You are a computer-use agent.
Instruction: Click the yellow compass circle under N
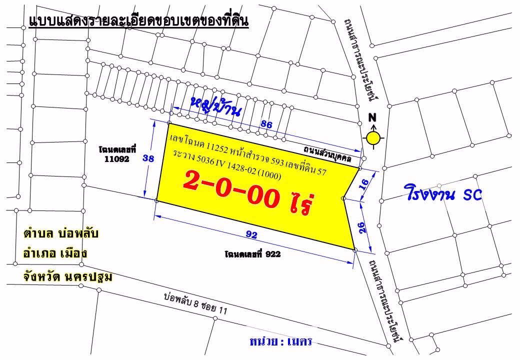[x=372, y=137]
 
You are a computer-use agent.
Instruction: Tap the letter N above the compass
[x=372, y=118]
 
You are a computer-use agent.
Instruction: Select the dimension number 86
[x=266, y=125]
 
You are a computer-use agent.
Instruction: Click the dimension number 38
[x=148, y=158]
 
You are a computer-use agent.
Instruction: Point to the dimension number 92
[x=252, y=232]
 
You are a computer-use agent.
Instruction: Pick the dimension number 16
[x=364, y=183]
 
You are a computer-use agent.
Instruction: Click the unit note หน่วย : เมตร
[x=280, y=341]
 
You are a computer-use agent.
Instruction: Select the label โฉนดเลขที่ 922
[x=252, y=254]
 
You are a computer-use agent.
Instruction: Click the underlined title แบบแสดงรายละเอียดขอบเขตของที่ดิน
[x=138, y=21]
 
